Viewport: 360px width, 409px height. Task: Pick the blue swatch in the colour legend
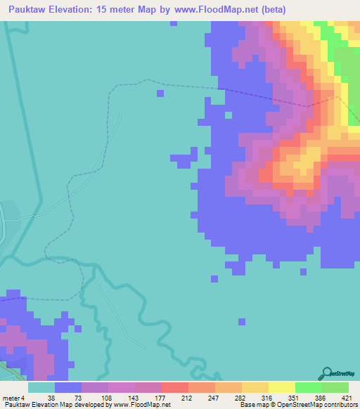(67, 387)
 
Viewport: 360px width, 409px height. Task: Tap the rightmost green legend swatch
(335, 387)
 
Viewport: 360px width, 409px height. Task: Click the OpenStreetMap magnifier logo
(328, 374)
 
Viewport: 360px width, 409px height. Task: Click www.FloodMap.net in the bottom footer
(141, 405)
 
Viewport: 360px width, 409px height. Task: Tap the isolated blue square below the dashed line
(160, 93)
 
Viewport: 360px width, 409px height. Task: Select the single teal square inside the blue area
(228, 115)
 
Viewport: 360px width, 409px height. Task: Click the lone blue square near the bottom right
(241, 322)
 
